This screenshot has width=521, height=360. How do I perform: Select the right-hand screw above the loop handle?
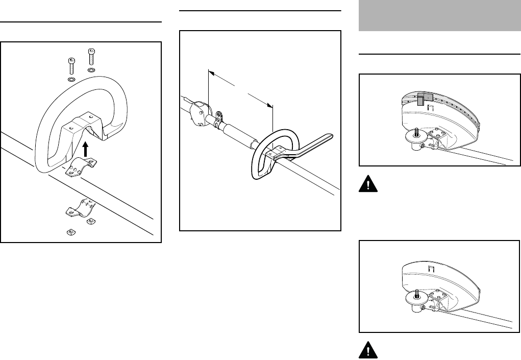click(x=91, y=56)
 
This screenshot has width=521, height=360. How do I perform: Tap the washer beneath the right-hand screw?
click(x=91, y=69)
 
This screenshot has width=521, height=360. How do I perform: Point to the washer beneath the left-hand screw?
click(x=71, y=80)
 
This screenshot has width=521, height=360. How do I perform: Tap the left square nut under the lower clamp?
click(x=71, y=232)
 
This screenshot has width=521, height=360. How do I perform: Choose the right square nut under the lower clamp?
click(x=92, y=221)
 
